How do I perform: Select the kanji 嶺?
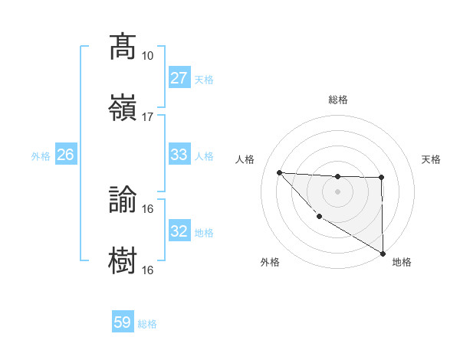(123, 106)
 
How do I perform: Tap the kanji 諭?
(123, 199)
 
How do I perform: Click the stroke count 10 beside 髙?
(147, 56)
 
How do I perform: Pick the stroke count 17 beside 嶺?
(147, 117)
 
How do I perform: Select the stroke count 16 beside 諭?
(147, 208)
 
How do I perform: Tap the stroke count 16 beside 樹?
(147, 270)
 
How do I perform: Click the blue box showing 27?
(179, 78)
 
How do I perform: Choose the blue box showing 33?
(179, 155)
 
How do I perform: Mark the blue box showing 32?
(179, 231)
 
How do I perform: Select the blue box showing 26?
(65, 155)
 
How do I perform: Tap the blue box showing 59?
(123, 323)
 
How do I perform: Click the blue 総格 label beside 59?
(147, 324)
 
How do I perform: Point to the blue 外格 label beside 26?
(41, 155)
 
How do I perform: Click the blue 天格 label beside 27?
(204, 79)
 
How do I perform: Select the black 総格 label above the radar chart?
(338, 100)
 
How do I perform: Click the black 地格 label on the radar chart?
(402, 263)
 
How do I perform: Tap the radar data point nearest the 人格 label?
(279, 172)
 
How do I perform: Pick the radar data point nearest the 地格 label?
(383, 254)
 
